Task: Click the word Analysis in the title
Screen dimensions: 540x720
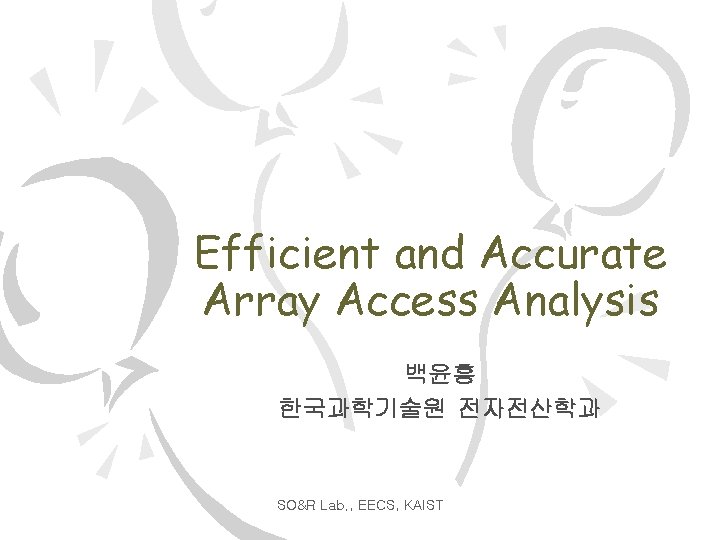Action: tap(576, 301)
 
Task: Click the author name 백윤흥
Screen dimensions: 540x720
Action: tap(440, 376)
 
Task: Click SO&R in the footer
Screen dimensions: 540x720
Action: tap(297, 505)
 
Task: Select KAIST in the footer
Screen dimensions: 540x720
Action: tap(424, 505)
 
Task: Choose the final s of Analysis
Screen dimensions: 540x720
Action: tap(648, 301)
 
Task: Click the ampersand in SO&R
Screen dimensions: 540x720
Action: tap(296, 505)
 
